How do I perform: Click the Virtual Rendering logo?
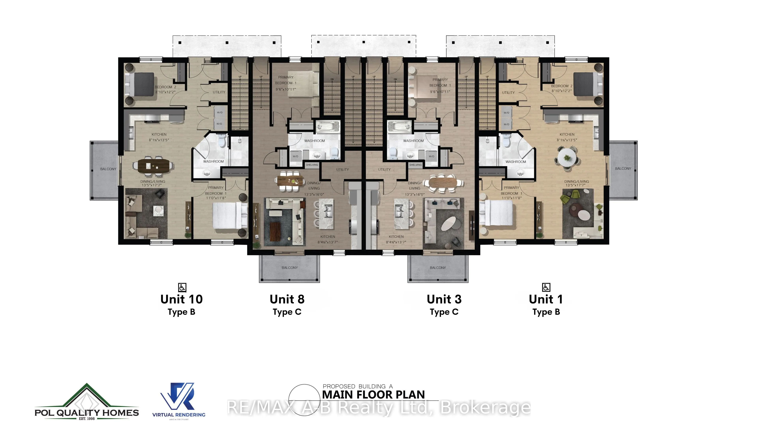point(179,401)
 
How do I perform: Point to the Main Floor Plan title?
point(373,395)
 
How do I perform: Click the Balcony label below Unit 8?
point(290,268)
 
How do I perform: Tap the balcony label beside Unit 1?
point(623,169)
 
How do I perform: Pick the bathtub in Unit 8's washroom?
point(327,128)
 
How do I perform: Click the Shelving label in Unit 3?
point(415,165)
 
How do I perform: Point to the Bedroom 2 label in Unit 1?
point(561,86)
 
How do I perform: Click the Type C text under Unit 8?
point(287,312)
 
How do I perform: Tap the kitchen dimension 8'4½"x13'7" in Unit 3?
point(396,242)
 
